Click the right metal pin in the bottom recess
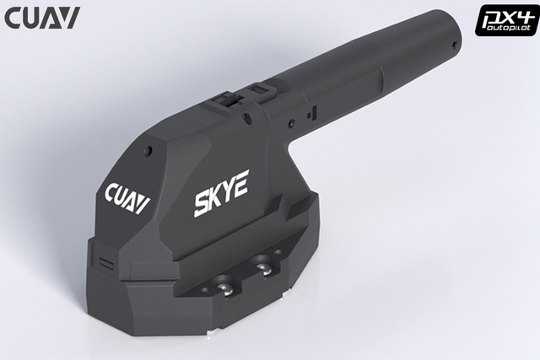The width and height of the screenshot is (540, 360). (264, 268)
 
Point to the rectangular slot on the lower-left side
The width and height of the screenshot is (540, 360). (105, 262)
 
